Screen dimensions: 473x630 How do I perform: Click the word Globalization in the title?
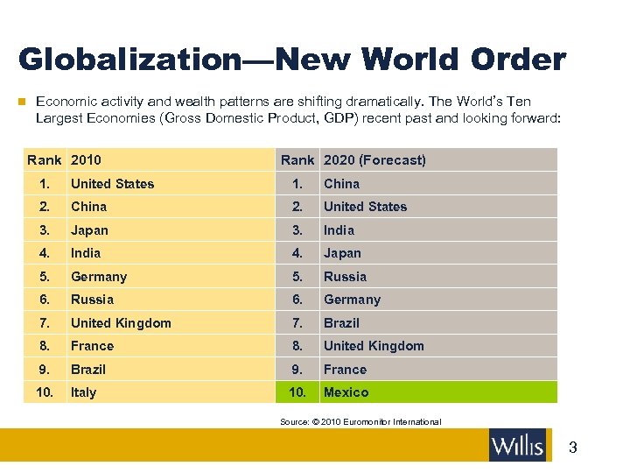[x=127, y=60]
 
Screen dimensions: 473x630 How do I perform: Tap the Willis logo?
[x=517, y=445]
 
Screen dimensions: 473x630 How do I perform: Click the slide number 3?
[x=573, y=448]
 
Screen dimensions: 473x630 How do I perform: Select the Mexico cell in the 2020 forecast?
[x=346, y=392]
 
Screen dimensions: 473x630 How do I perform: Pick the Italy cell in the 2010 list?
[x=84, y=392]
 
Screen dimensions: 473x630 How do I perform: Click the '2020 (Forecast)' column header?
[x=374, y=160]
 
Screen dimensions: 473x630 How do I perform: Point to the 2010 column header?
[x=86, y=160]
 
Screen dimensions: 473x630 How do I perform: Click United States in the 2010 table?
[x=112, y=184]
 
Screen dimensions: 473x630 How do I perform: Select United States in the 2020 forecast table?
[x=365, y=207]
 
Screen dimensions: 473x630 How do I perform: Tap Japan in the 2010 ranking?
[x=89, y=230]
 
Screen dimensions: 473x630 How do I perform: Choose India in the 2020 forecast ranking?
[x=339, y=230]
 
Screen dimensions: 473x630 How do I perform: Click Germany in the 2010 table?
[x=99, y=277]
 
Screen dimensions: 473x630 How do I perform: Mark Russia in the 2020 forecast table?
[x=345, y=277]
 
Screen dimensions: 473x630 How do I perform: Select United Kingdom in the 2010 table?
[x=121, y=323]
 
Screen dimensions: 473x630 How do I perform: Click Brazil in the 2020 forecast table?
[x=341, y=323]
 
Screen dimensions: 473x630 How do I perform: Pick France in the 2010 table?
[x=92, y=346]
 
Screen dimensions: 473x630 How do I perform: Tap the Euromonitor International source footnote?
[x=360, y=422]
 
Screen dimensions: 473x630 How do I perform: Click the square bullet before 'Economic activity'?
[x=23, y=102]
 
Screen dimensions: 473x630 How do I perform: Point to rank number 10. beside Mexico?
[x=297, y=392]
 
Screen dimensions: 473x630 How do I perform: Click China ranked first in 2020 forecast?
[x=341, y=184]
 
